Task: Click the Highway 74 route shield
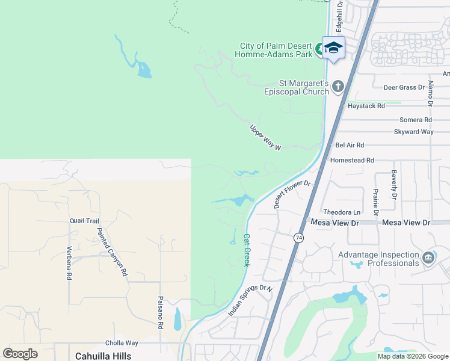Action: [299, 238]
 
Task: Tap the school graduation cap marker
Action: [333, 47]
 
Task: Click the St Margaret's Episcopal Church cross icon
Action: [337, 87]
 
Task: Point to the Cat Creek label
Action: [247, 250]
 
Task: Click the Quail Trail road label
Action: [84, 221]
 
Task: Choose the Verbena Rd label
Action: [69, 264]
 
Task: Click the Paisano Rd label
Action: [161, 313]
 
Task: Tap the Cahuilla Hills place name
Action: [103, 356]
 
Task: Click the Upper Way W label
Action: [265, 138]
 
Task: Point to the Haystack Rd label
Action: [366, 106]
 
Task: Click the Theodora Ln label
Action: [342, 212]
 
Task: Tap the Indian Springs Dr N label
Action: [250, 301]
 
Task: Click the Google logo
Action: [20, 354]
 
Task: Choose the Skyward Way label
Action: [413, 132]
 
